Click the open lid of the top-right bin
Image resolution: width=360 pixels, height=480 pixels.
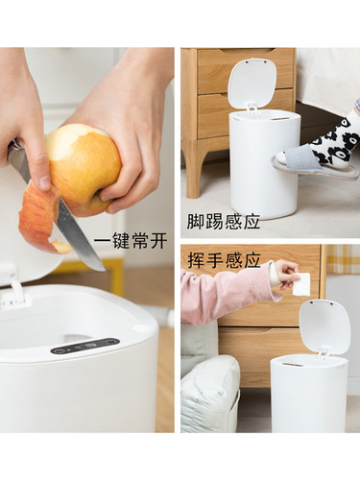[x=251, y=84]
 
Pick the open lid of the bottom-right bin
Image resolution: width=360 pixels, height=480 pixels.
[x=324, y=327]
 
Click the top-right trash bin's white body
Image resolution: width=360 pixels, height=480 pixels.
[x=263, y=163]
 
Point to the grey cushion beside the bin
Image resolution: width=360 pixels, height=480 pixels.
[x=209, y=394]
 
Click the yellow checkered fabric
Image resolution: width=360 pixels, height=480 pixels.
[x=343, y=259]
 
